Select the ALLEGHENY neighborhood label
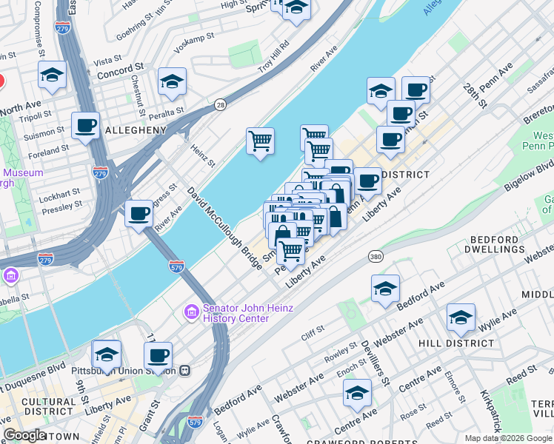(x=136, y=130)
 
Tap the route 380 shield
(x=376, y=256)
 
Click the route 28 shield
(x=220, y=105)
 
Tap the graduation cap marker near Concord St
(x=53, y=75)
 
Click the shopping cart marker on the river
(x=261, y=141)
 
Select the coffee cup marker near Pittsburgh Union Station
(x=158, y=355)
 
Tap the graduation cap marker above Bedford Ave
(x=385, y=289)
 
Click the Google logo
(x=24, y=435)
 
